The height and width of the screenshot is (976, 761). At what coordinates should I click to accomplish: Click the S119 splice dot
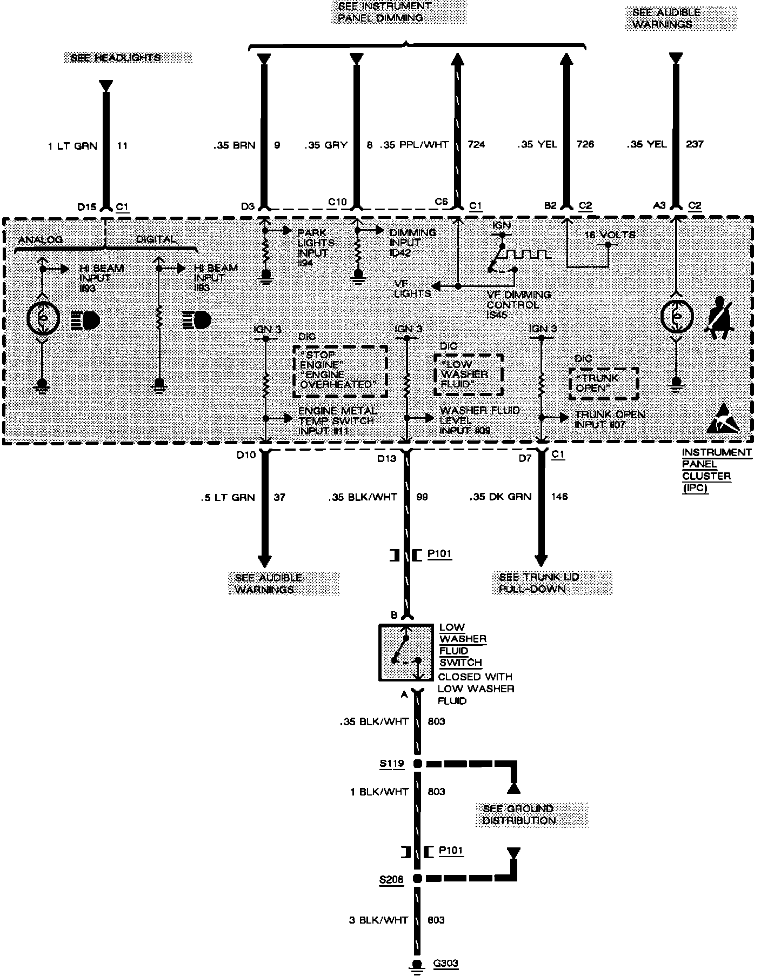coord(417,764)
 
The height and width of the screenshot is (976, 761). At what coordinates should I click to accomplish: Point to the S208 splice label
coord(391,879)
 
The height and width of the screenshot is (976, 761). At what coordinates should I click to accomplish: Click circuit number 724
coord(476,144)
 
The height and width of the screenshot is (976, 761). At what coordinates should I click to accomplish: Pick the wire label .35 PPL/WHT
coord(415,144)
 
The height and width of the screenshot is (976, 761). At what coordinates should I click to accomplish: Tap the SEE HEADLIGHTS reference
coord(128,58)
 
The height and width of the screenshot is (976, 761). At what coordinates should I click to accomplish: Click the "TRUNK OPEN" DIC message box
coord(603,384)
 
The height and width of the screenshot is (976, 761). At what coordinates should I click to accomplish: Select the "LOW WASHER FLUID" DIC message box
coord(468,375)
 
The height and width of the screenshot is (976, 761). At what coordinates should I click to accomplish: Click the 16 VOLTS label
coord(610,235)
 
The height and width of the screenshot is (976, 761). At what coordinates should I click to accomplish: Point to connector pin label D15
coord(86,206)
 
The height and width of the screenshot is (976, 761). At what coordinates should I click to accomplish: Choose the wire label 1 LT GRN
coord(72,146)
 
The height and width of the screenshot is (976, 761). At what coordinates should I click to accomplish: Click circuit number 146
coord(559,496)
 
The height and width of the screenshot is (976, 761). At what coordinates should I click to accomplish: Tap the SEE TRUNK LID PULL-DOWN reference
coord(552,583)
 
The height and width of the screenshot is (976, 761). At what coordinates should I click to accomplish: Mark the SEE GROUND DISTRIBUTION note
coord(532,814)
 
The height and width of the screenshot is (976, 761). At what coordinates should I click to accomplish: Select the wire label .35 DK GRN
coord(500,496)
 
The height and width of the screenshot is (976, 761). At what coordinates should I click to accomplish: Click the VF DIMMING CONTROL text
coord(518,304)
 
